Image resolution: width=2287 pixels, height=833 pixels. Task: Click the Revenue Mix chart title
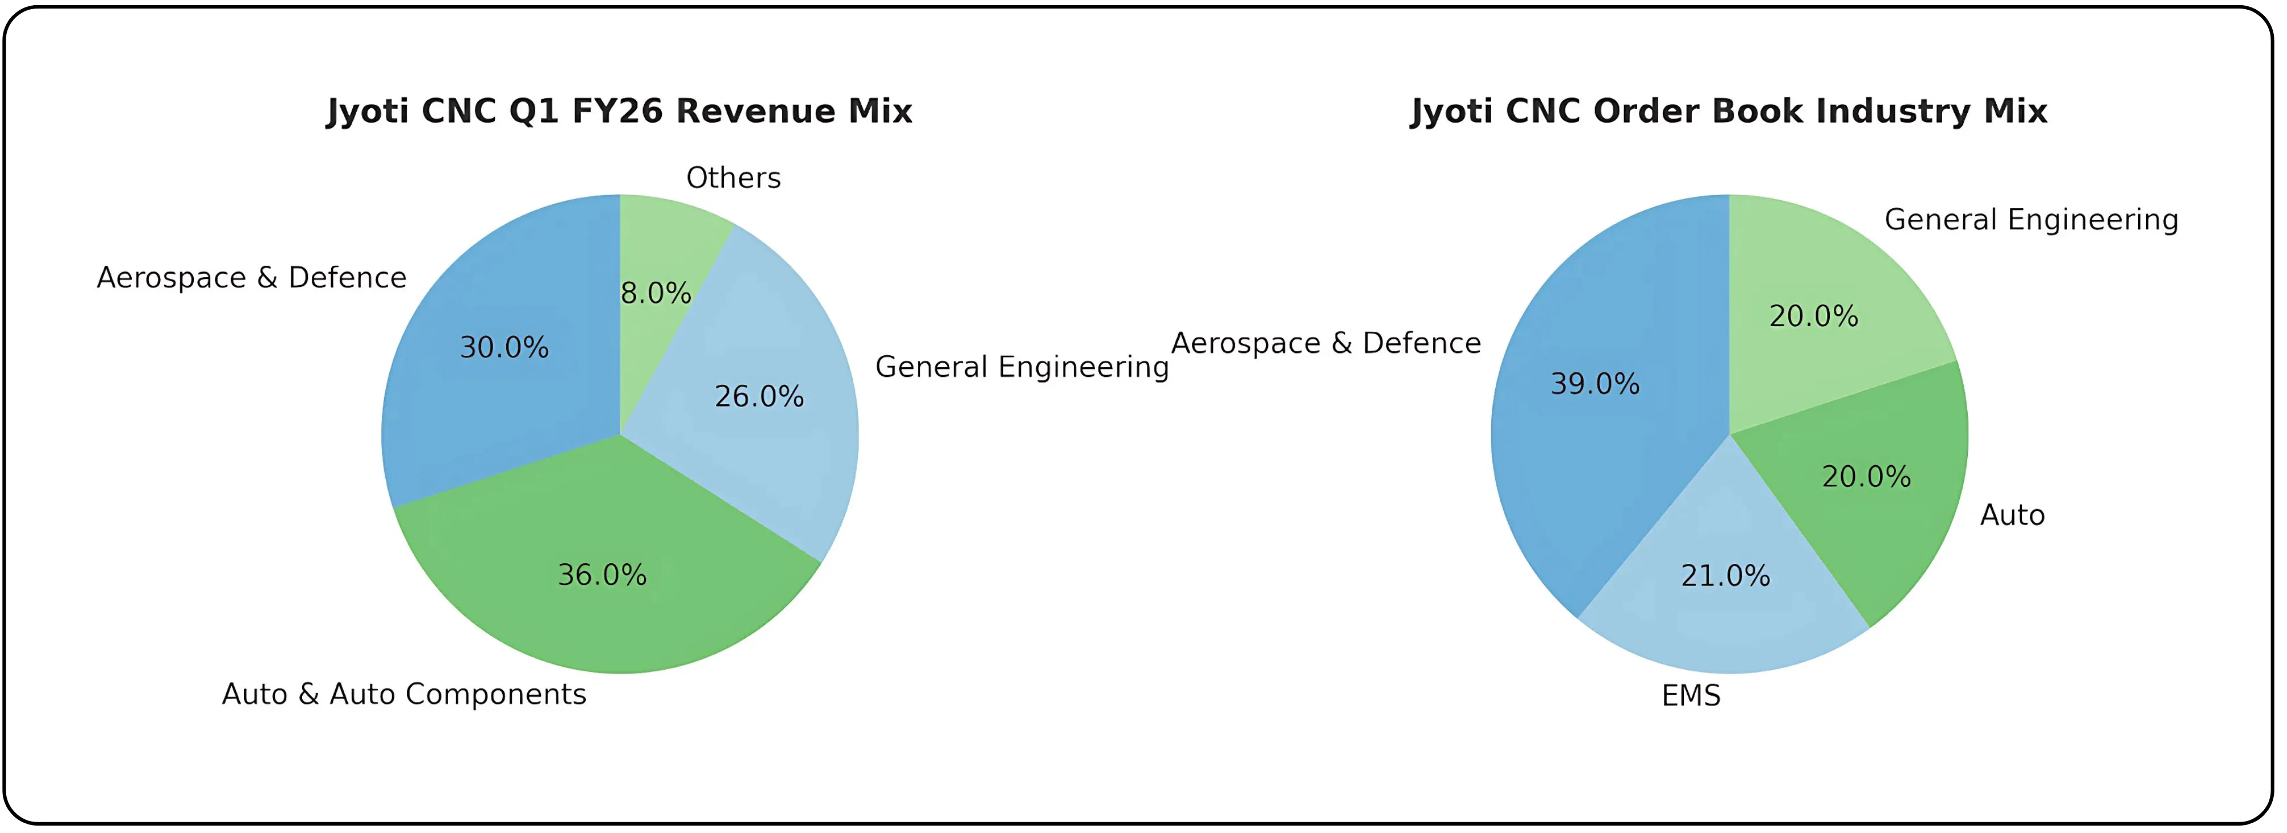click(x=619, y=111)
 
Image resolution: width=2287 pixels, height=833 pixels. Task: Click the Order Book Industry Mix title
click(x=1728, y=111)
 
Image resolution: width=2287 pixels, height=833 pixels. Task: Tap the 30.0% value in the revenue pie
click(x=503, y=347)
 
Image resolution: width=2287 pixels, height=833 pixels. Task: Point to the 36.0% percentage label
click(x=602, y=575)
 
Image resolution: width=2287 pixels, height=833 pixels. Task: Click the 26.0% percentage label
click(x=759, y=396)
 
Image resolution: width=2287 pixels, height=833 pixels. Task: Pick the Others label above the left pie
click(x=733, y=178)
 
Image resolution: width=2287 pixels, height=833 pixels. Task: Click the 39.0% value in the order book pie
click(x=1594, y=384)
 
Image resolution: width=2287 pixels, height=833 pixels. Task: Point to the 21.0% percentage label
click(x=1725, y=575)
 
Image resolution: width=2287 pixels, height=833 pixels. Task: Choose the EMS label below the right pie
click(x=1690, y=696)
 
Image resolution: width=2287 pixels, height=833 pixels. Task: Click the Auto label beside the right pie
click(x=2012, y=515)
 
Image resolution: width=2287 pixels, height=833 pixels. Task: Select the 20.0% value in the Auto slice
click(x=1866, y=477)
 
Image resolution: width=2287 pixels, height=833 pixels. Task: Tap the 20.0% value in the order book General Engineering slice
click(x=1813, y=316)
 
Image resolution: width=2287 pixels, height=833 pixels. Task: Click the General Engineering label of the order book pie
click(x=2030, y=220)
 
